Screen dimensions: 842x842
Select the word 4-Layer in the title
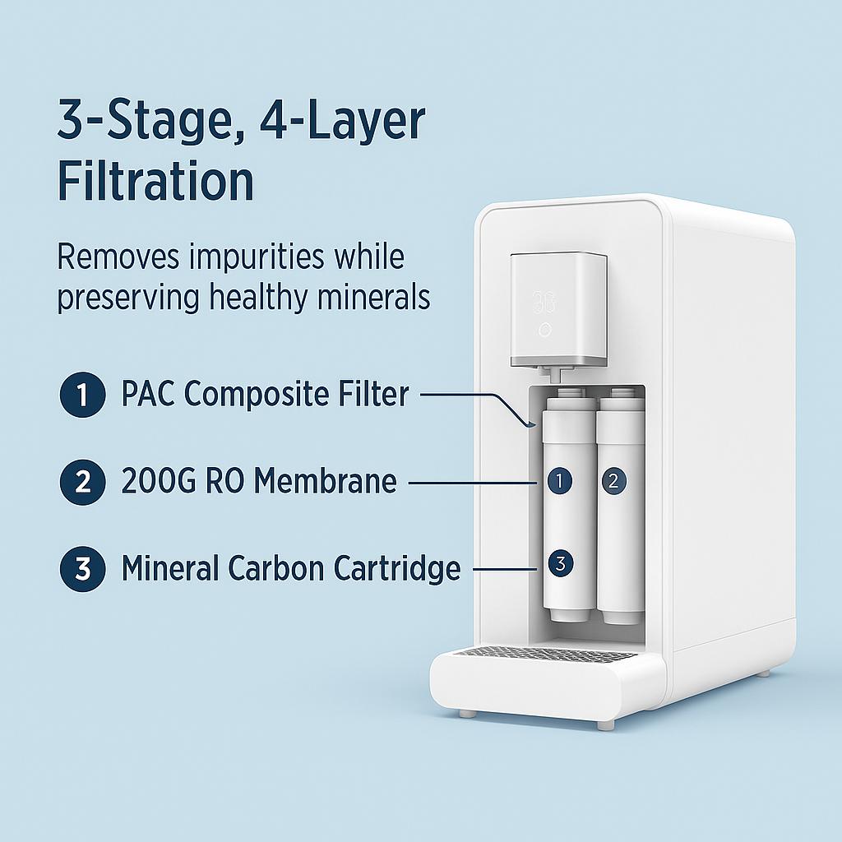pos(343,121)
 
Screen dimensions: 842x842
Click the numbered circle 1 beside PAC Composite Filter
pos(82,395)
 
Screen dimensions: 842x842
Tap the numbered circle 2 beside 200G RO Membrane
pos(82,482)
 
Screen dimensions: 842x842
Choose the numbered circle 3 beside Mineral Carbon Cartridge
pos(82,569)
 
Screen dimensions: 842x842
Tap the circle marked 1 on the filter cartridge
pos(559,481)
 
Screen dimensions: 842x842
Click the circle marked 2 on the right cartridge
pos(612,481)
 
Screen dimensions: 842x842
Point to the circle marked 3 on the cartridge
pos(559,564)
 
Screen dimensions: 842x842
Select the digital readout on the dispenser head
pos(544,300)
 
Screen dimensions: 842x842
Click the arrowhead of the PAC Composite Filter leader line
pos(531,424)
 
